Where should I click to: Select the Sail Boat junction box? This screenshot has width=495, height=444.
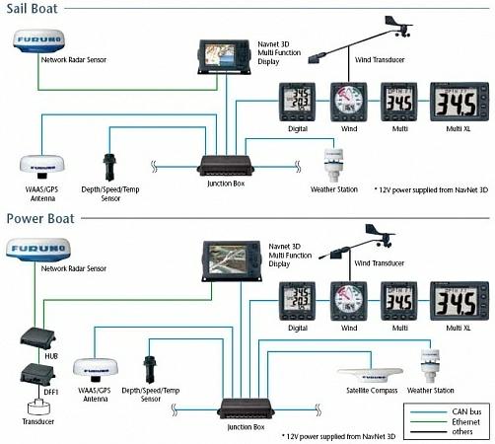point(228,164)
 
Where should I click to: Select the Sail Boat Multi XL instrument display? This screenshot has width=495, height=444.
point(459,102)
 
